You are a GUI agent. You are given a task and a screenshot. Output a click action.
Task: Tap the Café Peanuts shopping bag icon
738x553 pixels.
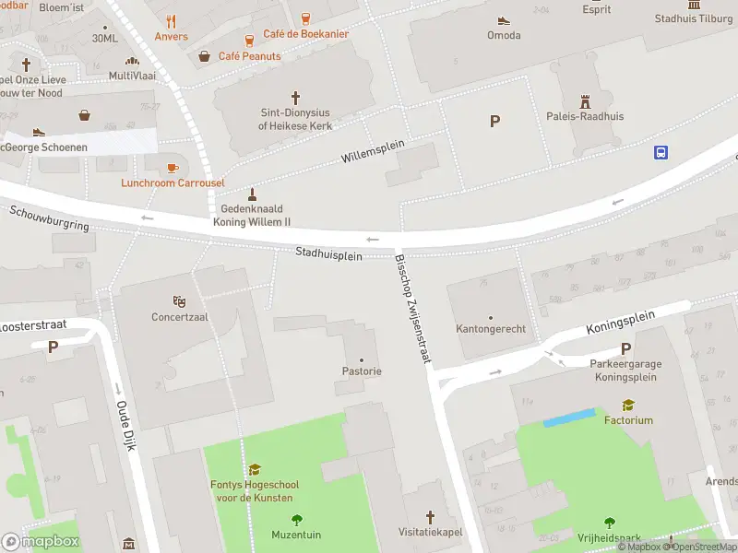point(205,56)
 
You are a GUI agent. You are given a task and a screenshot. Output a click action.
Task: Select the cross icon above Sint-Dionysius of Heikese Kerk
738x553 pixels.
point(295,97)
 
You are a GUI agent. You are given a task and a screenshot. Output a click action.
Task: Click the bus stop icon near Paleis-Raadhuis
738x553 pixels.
point(661,153)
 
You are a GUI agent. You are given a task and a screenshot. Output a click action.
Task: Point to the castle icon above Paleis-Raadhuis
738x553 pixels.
point(584,100)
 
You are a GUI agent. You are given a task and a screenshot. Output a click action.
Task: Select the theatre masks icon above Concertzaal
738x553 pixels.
point(180,301)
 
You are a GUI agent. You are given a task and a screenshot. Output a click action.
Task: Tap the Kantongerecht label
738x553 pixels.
point(490,329)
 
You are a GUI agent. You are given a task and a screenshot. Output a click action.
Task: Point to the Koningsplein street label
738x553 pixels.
point(620,322)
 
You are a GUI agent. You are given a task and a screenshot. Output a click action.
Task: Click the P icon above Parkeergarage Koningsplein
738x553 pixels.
point(626,348)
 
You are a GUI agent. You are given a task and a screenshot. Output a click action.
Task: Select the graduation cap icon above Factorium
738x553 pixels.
point(628,405)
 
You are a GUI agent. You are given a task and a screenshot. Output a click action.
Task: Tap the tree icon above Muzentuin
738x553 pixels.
point(296,520)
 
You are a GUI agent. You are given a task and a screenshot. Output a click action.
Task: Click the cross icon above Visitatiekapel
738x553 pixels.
point(430,517)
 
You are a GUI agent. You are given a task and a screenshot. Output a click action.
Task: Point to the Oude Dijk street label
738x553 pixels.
point(126,425)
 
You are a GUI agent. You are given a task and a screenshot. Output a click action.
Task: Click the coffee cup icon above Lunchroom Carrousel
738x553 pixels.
point(173,168)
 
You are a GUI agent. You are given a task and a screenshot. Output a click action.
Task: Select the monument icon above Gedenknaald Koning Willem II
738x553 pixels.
point(252,194)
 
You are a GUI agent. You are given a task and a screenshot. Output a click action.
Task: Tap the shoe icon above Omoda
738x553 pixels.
point(504,20)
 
